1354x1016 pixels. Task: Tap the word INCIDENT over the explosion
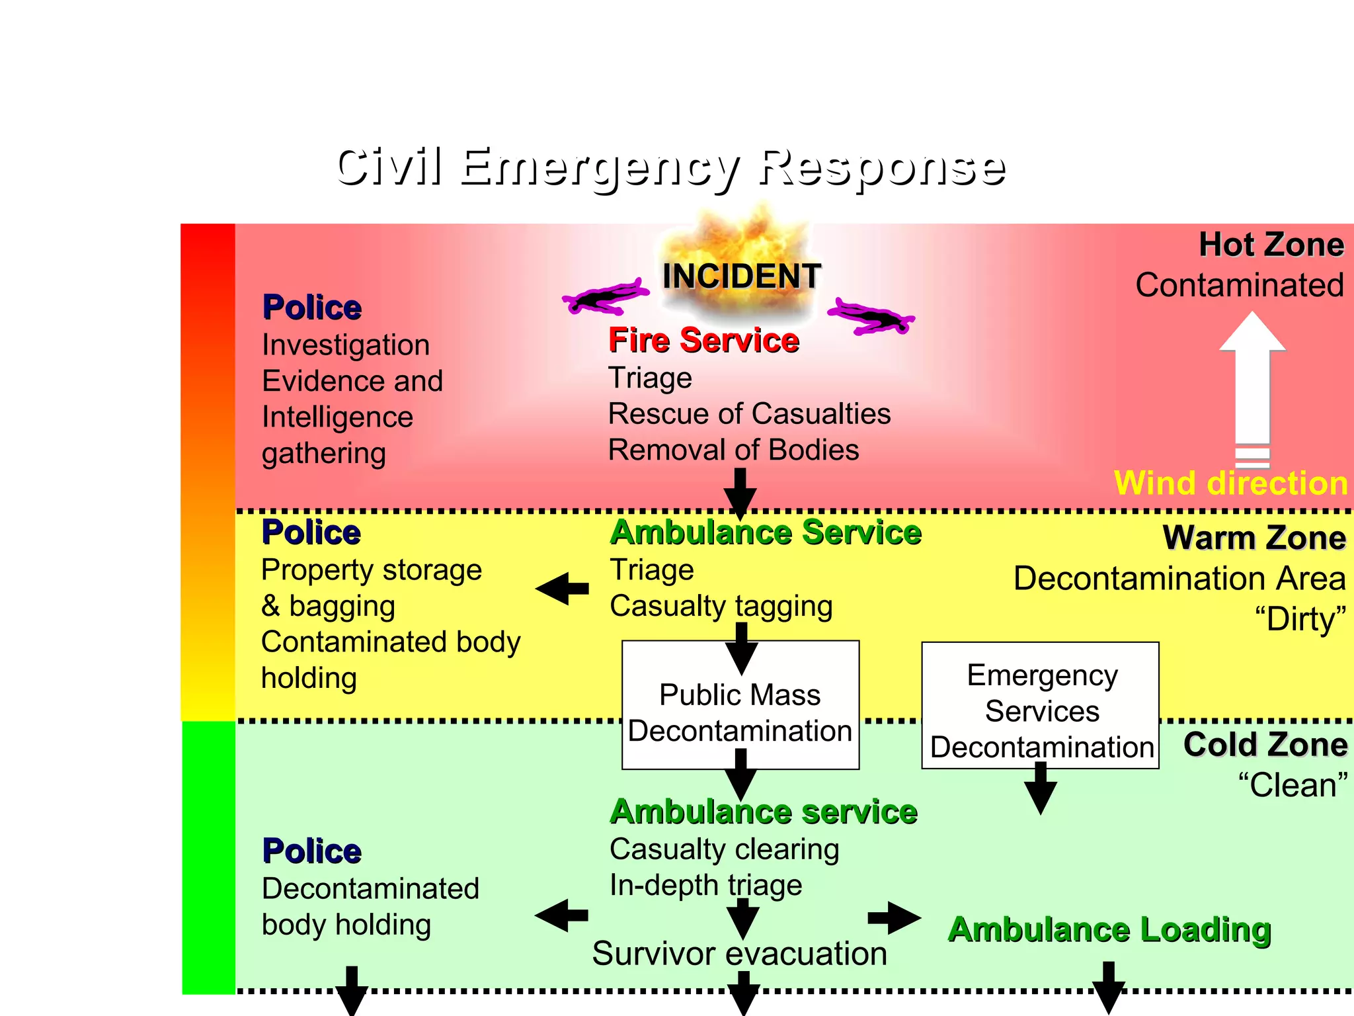coord(741,276)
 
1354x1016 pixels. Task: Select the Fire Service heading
coord(703,340)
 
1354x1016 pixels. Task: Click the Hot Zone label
coord(1271,245)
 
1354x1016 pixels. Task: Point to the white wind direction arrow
coord(1252,384)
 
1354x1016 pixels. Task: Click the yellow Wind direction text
coord(1230,483)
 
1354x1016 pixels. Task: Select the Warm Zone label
coord(1254,537)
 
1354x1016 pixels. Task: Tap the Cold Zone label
coord(1265,744)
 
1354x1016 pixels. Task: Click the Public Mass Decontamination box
coord(740,705)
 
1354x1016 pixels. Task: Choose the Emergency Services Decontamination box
coord(1041,705)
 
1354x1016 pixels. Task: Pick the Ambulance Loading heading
coord(1109,929)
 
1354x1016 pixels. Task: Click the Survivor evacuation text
coord(739,953)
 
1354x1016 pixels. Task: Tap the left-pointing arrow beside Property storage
coord(561,588)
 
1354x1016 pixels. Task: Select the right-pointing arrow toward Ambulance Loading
coord(895,917)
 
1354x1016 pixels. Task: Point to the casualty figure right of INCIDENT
coord(871,317)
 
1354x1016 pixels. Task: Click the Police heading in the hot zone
coord(312,308)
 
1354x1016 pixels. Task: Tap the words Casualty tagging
coord(721,606)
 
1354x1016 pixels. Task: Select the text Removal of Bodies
coord(733,450)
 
